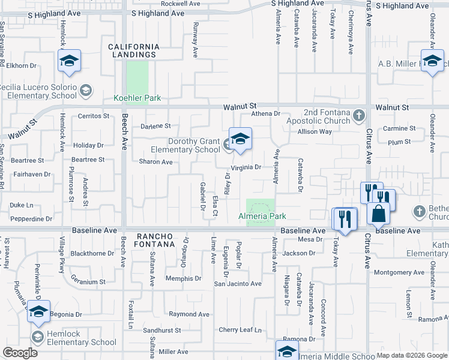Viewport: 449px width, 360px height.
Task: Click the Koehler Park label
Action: tap(137, 98)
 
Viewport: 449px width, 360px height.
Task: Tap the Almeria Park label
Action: tap(262, 216)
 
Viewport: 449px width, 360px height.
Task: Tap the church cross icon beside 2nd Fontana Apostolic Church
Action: tap(359, 115)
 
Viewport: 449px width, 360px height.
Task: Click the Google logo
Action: tap(20, 352)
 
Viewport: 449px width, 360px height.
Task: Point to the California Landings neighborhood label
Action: tap(134, 50)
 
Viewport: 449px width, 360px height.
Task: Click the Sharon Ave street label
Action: tap(155, 162)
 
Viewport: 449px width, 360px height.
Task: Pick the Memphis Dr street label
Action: tap(184, 278)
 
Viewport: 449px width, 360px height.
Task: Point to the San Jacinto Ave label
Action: tap(238, 284)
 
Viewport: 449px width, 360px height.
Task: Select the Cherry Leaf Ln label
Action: tap(241, 330)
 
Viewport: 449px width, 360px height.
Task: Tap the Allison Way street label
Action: tap(315, 131)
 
